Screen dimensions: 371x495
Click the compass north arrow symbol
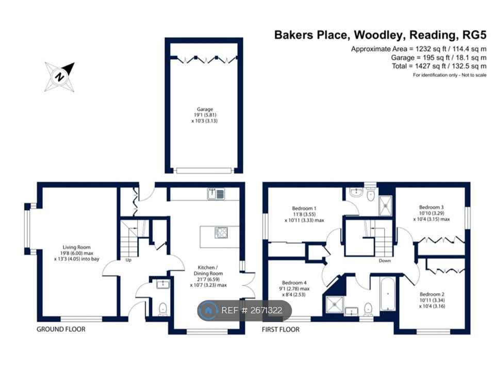(60, 77)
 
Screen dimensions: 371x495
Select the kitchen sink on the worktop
(216, 194)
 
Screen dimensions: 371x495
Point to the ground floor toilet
(163, 309)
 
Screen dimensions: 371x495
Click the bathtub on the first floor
(388, 295)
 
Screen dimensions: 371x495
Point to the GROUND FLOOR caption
(61, 329)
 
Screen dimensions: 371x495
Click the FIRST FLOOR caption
(281, 329)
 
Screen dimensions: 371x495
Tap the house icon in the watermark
(208, 310)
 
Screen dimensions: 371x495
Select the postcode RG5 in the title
(473, 35)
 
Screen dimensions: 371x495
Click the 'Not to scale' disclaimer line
(450, 75)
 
